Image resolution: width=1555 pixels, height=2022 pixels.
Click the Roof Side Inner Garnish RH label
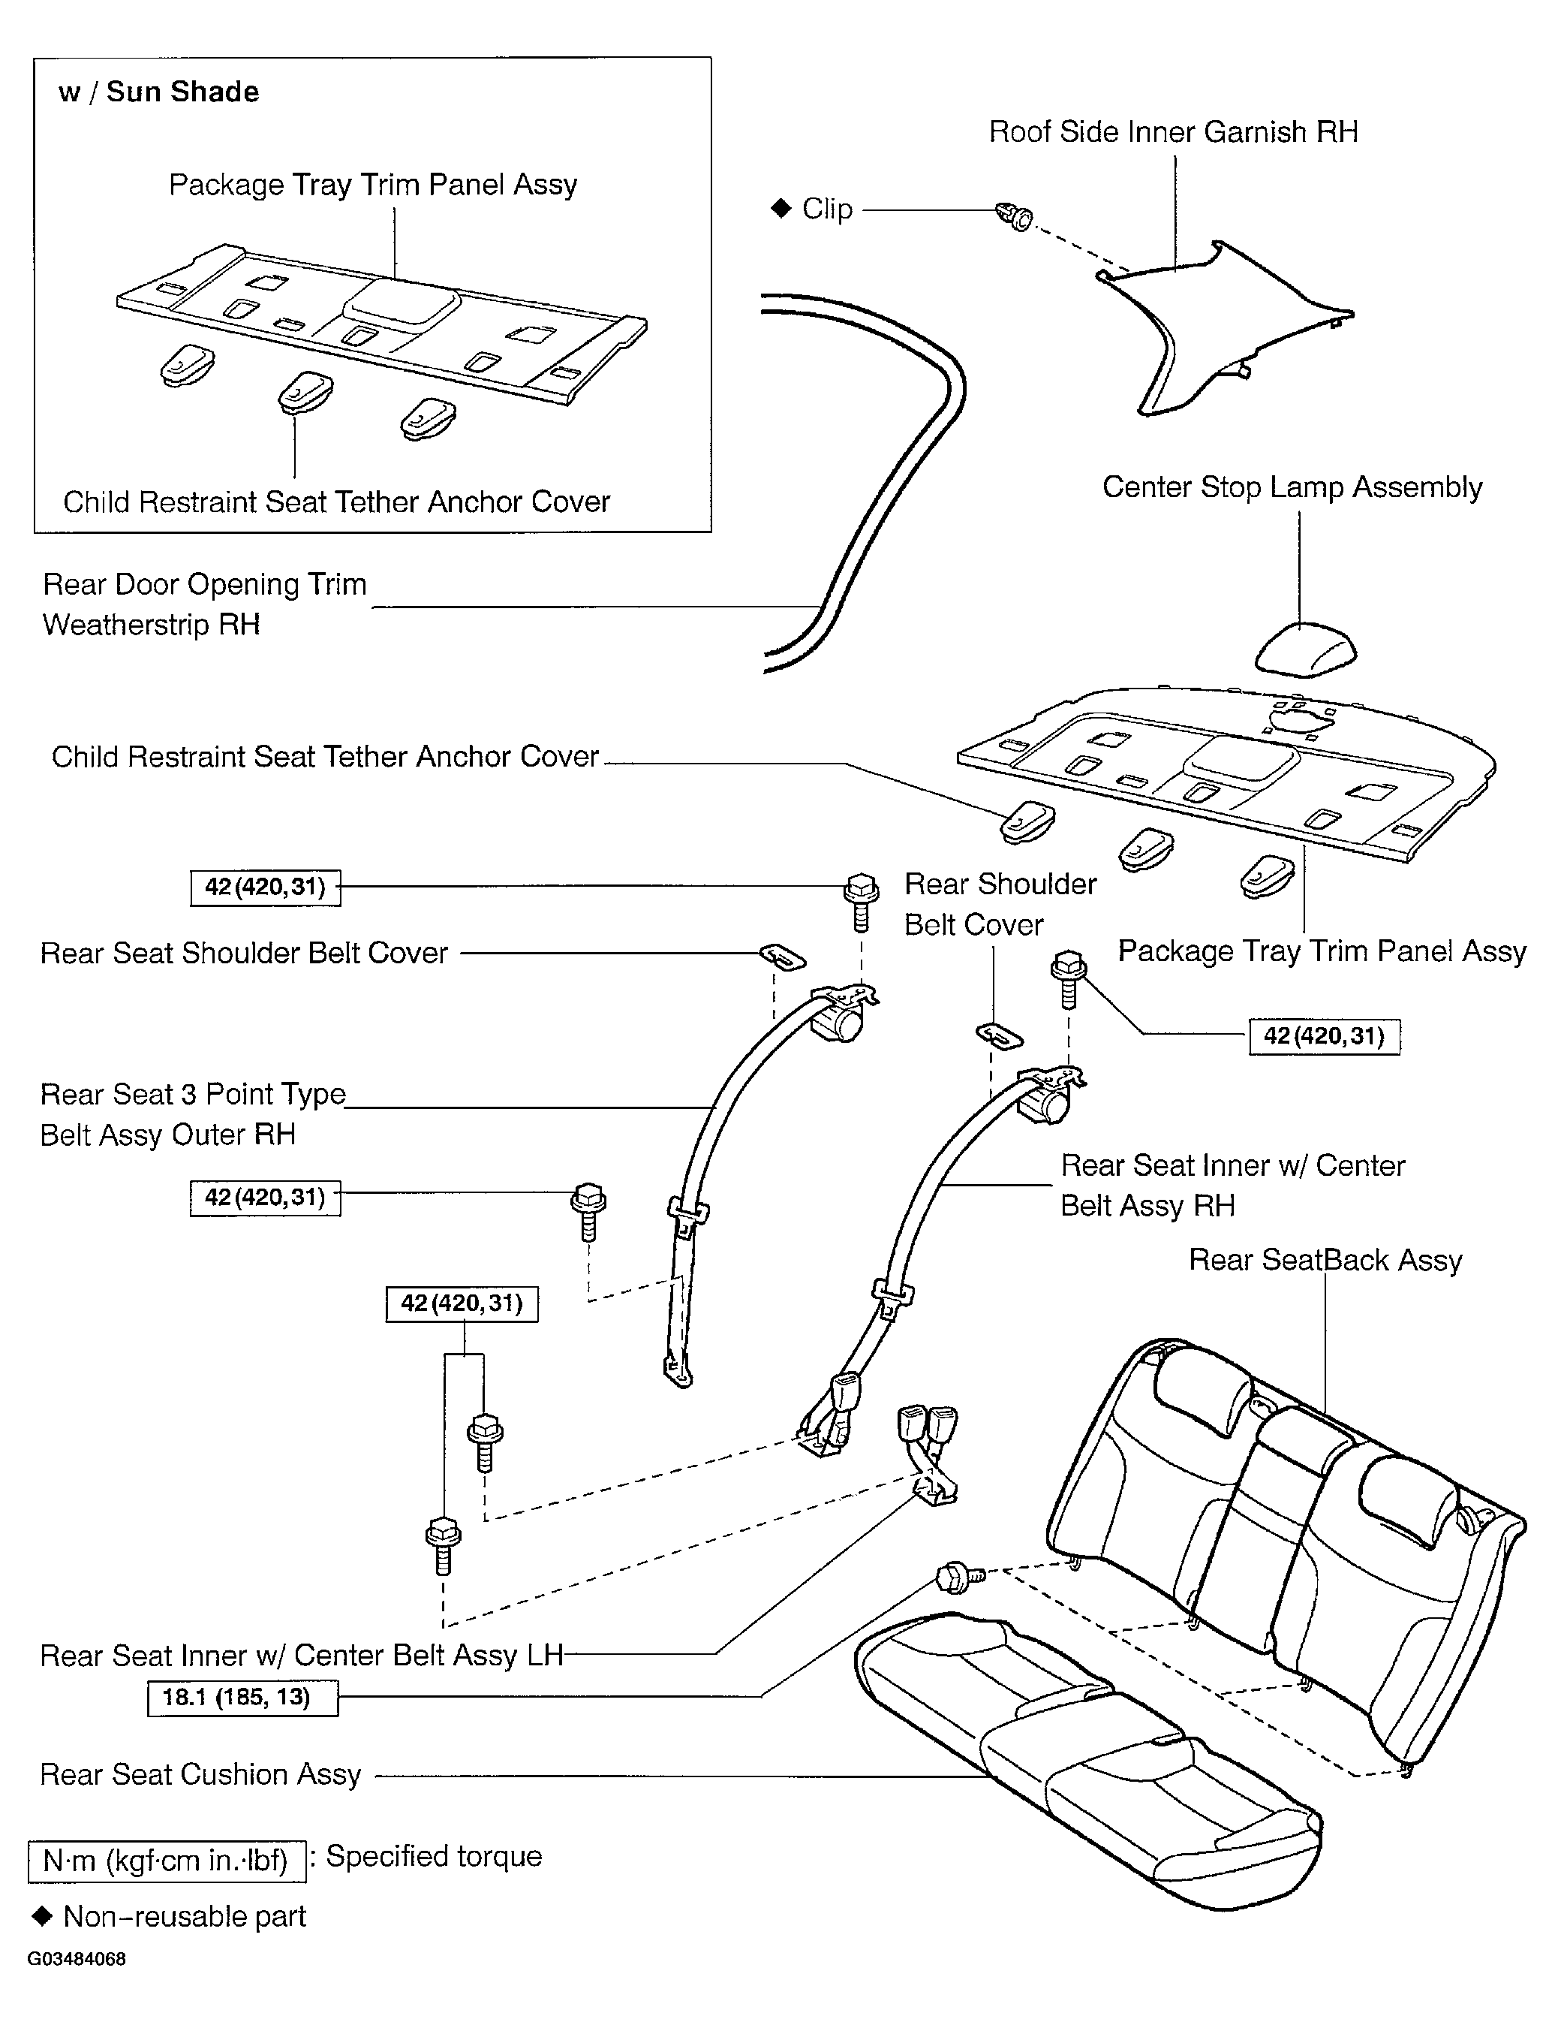coord(1173,132)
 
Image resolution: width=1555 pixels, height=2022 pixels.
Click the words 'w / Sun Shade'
coord(158,92)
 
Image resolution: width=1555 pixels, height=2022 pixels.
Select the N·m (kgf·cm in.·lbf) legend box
coord(167,1860)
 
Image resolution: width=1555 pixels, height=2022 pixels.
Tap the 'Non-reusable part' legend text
coord(184,1915)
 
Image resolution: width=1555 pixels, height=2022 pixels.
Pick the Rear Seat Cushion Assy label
coord(200,1774)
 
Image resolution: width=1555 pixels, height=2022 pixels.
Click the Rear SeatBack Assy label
coord(1325,1260)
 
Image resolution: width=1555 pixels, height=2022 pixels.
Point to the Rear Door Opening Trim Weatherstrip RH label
coord(205,604)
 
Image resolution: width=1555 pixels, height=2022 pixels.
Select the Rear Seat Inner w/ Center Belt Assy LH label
coord(302,1656)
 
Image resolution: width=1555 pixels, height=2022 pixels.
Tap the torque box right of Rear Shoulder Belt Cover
coord(1324,1036)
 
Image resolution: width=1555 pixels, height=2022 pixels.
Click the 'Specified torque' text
coord(434,1856)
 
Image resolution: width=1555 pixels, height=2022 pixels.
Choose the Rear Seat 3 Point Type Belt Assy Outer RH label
coord(193,1113)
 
